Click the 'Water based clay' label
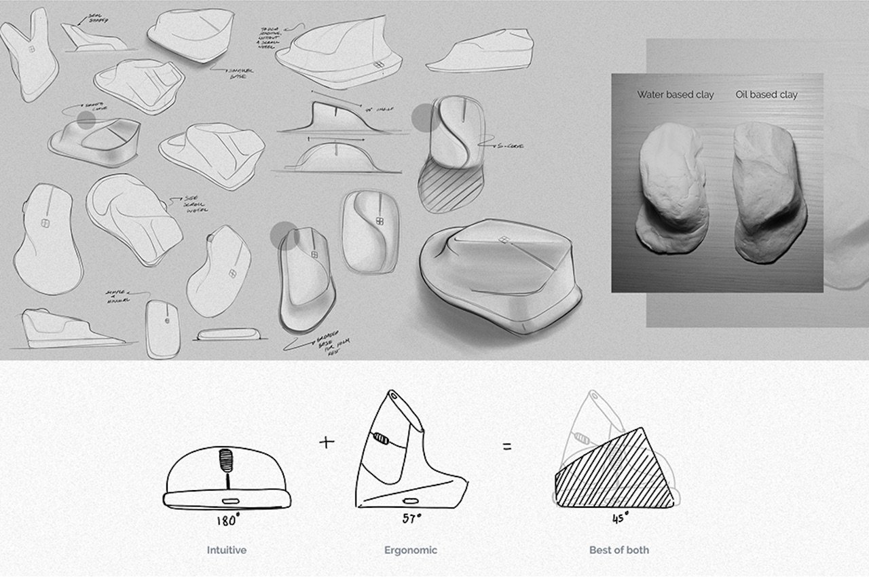click(x=675, y=95)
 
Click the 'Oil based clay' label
click(x=766, y=95)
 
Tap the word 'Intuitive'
click(x=227, y=550)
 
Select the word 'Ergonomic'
click(x=411, y=550)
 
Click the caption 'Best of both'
click(x=618, y=550)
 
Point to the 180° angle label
click(x=227, y=521)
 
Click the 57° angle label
click(x=411, y=519)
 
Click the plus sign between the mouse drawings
click(x=327, y=443)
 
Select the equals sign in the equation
click(x=507, y=447)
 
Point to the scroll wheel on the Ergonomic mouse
click(x=382, y=440)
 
